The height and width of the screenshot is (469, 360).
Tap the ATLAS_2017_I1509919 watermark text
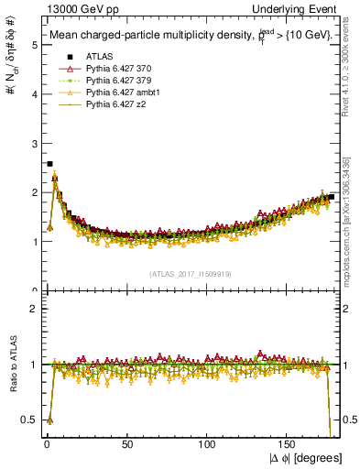[190, 274]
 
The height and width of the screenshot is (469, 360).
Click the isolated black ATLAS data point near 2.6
[49, 163]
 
